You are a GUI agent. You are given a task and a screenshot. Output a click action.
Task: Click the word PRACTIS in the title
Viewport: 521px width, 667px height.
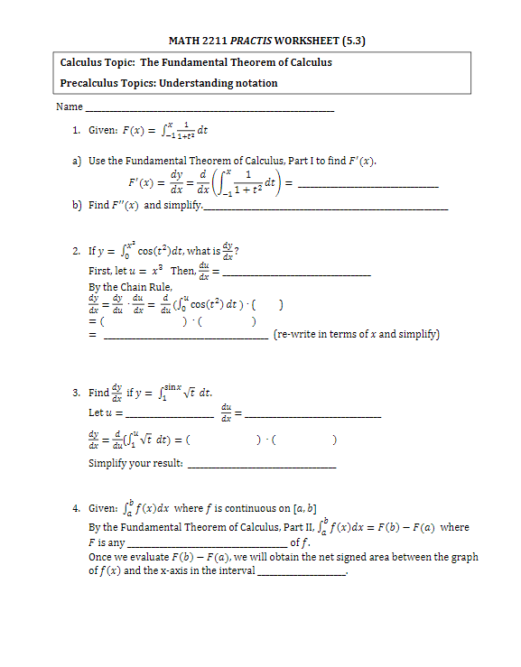[256, 41]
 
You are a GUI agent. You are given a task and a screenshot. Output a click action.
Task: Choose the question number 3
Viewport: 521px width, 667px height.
[76, 393]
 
